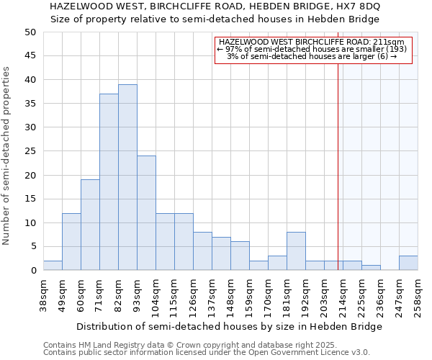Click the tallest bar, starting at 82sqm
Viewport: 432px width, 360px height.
[x=127, y=177]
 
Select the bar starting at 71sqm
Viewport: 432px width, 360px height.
[x=109, y=182]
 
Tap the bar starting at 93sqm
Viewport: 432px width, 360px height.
[x=146, y=213]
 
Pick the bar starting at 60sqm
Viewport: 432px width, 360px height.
[x=90, y=225]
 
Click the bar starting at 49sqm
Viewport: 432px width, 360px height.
[x=71, y=242]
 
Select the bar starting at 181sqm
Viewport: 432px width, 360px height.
[x=296, y=251]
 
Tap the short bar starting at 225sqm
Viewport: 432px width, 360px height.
[x=371, y=268]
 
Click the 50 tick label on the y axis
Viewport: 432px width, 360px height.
[x=30, y=32]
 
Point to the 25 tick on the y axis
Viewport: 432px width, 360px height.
[x=30, y=151]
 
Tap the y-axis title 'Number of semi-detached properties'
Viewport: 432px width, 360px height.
[x=6, y=156]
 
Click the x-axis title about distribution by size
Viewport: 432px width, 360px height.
[x=229, y=326]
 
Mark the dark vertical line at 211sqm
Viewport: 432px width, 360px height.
[x=338, y=158]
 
